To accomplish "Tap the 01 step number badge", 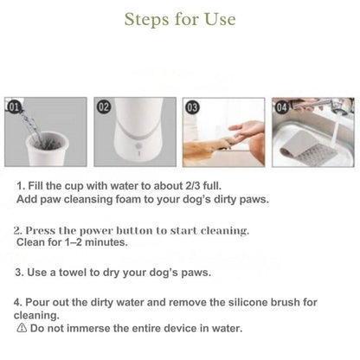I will [14, 107].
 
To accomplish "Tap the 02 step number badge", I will [103, 107].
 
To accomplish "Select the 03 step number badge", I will [192, 107].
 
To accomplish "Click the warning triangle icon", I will [22, 329].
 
